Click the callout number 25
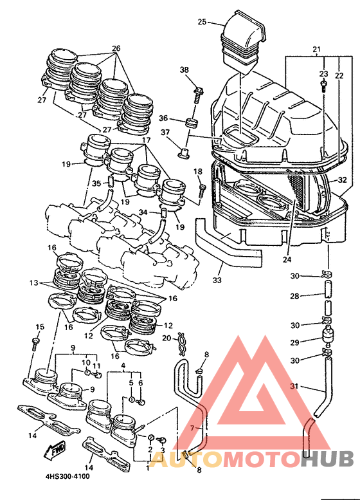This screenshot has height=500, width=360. coord(202,22)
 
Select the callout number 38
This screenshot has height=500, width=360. coord(184,69)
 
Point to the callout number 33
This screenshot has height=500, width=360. coord(217,280)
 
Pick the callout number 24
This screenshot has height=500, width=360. coord(287,259)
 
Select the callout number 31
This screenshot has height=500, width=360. coord(294,386)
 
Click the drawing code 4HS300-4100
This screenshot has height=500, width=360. coord(67,476)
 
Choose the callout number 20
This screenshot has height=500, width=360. coord(166,338)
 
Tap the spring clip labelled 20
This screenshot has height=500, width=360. coord(182,344)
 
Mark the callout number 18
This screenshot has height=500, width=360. coord(198,171)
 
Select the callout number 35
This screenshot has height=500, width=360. coord(96,183)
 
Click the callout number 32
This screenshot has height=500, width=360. coord(342,180)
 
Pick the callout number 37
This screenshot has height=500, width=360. coord(165,132)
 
